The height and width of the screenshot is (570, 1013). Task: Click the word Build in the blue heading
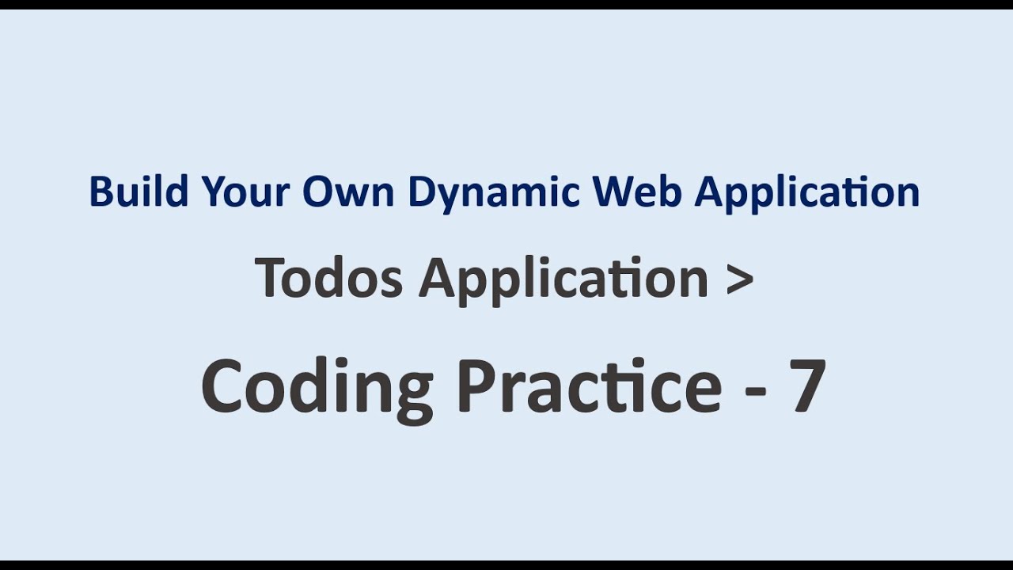138,192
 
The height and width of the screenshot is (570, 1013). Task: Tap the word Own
349,192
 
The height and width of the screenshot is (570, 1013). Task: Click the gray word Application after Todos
563,279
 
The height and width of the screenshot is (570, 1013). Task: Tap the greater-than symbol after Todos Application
739,279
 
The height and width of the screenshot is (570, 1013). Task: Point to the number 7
808,386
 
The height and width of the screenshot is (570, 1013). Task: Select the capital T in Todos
271,278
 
